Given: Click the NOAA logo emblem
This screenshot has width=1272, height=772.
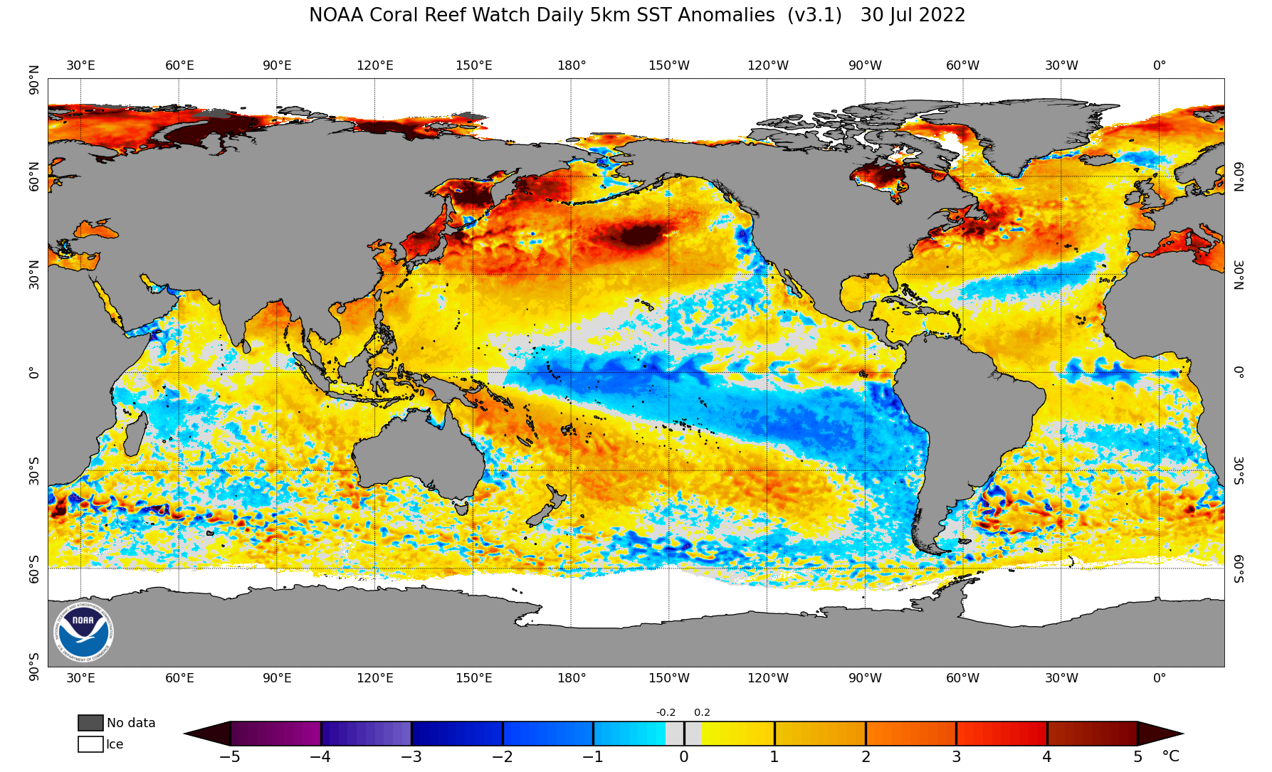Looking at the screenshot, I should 83,631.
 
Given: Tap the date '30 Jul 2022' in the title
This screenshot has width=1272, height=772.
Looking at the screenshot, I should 913,15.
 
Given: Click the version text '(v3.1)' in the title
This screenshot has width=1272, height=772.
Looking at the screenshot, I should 814,15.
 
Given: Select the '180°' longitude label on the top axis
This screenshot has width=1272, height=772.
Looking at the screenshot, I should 572,65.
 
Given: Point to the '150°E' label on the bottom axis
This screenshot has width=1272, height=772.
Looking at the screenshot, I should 473,678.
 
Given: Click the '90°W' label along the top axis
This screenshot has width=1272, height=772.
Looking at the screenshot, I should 865,65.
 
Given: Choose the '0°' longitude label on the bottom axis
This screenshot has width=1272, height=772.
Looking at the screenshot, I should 1159,678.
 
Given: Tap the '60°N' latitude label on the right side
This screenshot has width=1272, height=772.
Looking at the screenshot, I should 1239,176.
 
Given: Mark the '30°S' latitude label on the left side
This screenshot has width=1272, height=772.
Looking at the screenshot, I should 33,470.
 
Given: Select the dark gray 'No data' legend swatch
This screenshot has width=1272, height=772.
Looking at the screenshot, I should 90,723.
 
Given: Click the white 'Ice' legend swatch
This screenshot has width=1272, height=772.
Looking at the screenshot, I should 90,744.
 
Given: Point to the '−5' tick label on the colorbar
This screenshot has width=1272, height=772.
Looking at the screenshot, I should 229,757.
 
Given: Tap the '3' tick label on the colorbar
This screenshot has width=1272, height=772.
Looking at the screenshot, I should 956,757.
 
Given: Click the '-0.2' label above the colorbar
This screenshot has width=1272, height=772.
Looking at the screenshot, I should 666,712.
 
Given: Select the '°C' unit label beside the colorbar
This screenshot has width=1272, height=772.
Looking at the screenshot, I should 1170,756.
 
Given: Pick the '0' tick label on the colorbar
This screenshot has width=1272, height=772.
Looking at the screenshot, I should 683,757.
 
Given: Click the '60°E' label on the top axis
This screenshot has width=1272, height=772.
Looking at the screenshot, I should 179,65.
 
